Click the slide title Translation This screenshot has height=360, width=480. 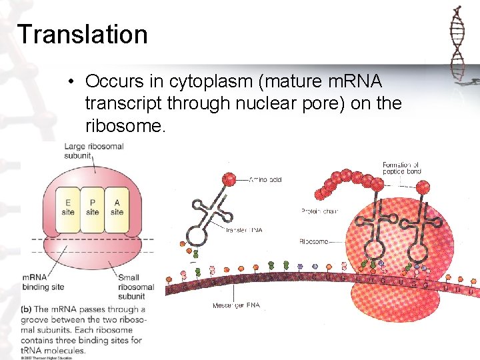click(x=83, y=34)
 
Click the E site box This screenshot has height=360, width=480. click(x=68, y=207)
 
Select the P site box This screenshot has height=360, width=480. click(x=93, y=207)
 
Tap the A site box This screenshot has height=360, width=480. click(x=117, y=207)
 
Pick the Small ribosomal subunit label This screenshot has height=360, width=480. click(x=135, y=287)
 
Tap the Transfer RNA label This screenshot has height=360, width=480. click(x=244, y=230)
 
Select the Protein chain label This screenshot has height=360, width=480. click(x=319, y=211)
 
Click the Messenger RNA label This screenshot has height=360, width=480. click(x=237, y=305)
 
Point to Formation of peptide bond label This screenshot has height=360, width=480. click(x=401, y=168)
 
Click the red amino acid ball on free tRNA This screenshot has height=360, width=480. click(x=228, y=179)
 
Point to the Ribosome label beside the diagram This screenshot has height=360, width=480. click(x=313, y=242)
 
